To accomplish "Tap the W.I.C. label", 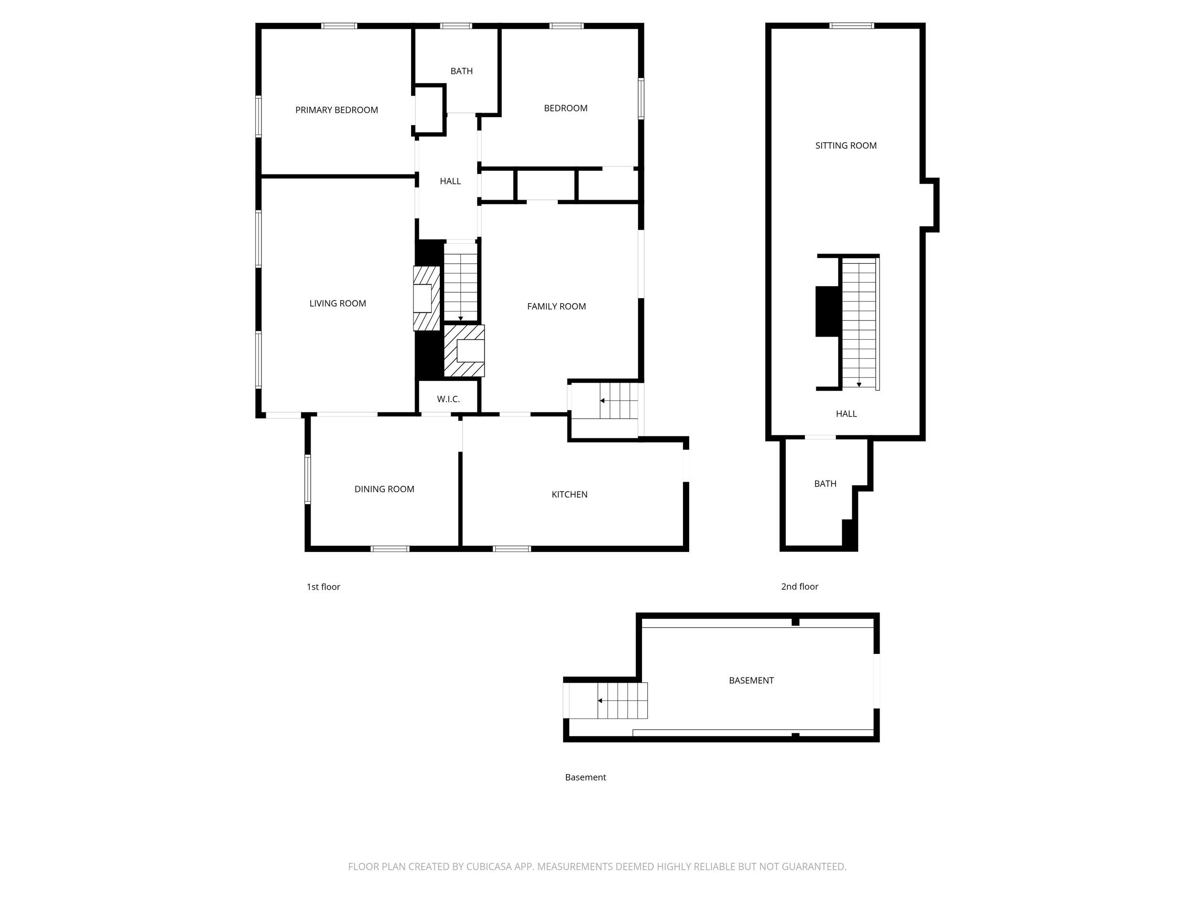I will [448, 399].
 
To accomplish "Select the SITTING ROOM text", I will [846, 145].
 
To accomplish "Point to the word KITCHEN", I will [569, 494].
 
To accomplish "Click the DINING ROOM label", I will [384, 489].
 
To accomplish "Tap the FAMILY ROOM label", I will [556, 307].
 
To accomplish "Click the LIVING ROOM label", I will [337, 304].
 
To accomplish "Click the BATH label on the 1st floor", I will [461, 71].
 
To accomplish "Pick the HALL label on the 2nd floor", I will [846, 414].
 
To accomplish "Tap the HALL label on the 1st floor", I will [450, 182].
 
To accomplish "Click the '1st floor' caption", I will [323, 587].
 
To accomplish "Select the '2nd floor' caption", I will [800, 587].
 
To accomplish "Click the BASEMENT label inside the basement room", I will [751, 681].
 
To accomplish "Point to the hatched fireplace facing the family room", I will [464, 351].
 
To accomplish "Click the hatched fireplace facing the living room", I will [426, 299].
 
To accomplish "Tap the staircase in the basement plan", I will [621, 701].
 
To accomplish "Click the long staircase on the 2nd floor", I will [859, 323].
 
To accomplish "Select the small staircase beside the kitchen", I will [618, 400].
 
